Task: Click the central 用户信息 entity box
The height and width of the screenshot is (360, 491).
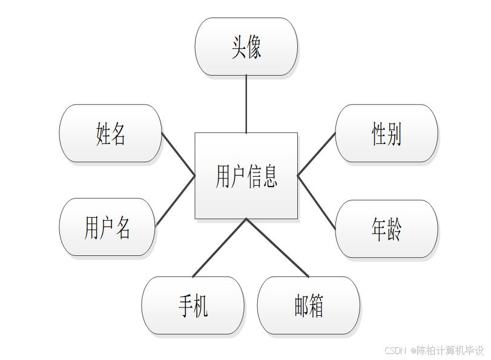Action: [x=246, y=175]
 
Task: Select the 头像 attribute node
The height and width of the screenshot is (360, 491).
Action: [x=246, y=47]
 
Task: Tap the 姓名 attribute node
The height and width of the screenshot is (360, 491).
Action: [x=110, y=133]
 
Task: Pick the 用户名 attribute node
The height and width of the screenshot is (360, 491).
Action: [x=107, y=227]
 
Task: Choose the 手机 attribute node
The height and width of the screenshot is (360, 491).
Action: [x=193, y=306]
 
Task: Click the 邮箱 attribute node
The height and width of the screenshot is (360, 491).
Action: [x=308, y=306]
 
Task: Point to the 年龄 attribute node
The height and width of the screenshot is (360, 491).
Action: [x=386, y=229]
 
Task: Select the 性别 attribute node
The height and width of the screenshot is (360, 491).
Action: [x=386, y=133]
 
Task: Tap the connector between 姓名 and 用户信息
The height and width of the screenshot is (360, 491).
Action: [x=178, y=154]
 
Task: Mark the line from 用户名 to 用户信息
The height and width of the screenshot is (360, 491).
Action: [x=175, y=201]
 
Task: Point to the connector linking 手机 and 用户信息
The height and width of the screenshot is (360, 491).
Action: [x=219, y=247]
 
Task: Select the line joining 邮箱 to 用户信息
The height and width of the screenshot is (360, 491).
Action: [x=277, y=247]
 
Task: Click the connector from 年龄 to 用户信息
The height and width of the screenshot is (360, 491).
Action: [x=316, y=202]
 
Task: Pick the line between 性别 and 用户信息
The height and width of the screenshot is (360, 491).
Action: [x=316, y=154]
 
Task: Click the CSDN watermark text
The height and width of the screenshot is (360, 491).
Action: [x=435, y=350]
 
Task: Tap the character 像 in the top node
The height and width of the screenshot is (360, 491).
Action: [x=254, y=47]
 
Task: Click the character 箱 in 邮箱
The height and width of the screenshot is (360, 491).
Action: [x=316, y=306]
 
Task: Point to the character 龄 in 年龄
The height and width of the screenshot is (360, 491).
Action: [x=394, y=229]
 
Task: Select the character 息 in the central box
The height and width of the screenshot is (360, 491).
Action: [x=270, y=175]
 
